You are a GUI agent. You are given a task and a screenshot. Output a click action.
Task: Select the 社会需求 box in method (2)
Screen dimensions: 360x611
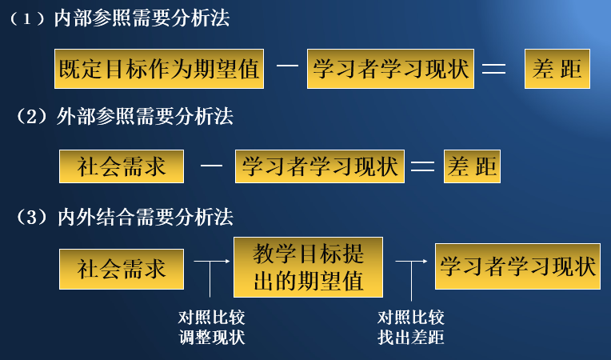pos(122,166)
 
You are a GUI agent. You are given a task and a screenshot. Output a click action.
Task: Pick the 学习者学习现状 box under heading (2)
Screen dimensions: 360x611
pos(320,166)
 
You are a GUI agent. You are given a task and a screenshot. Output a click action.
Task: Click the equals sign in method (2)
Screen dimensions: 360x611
pos(422,166)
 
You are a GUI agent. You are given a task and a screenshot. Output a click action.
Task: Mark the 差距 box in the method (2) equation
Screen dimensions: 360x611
pos(472,166)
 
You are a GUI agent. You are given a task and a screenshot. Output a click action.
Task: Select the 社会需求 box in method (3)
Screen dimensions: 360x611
pos(122,269)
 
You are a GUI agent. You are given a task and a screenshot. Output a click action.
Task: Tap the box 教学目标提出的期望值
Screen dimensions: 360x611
pos(308,267)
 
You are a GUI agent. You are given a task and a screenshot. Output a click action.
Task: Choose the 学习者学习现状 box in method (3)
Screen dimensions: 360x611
pos(517,266)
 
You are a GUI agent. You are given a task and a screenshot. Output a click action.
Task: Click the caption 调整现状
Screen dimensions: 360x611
pos(211,337)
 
